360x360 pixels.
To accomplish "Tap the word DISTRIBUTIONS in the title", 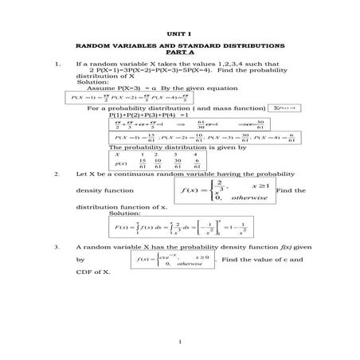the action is pyautogui.click(x=238, y=45).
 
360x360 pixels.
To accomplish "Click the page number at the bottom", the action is pyautogui.click(x=182, y=342).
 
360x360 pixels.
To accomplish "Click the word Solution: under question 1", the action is pyautogui.click(x=92, y=81).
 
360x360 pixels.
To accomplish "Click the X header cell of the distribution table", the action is pyautogui.click(x=117, y=154).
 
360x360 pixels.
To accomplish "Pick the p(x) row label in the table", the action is pyautogui.click(x=118, y=163).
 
